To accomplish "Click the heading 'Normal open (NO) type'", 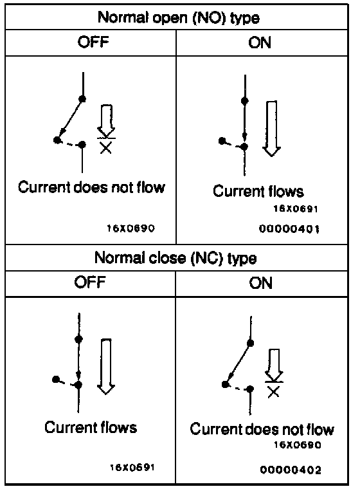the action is pos(179,18).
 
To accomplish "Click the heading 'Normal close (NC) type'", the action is pos(175,258).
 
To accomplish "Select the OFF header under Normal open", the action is pos(93,42).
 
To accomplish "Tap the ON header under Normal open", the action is pos(260,42).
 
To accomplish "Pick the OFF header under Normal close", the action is pos(90,282).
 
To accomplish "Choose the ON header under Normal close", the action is pos(260,283).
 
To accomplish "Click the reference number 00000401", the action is pos(289,229).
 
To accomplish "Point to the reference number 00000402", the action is pos(291,470).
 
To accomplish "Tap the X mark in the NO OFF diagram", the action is pos(106,147).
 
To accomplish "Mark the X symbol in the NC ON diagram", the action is pos(274,391).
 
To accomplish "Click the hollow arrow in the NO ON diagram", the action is pos(271,129).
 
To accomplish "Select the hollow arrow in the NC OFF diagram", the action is pos(106,367).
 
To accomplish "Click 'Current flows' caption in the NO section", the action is pos(258,191).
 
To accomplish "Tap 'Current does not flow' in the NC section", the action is pos(262,429).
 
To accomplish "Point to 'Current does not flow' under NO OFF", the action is pos(91,187).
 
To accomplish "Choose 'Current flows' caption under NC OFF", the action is pos(91,427).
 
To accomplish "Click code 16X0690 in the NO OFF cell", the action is pos(131,228).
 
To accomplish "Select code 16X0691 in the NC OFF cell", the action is pos(132,468).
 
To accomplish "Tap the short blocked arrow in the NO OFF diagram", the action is pos(106,121).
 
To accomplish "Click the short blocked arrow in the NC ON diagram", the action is pos(274,365).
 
